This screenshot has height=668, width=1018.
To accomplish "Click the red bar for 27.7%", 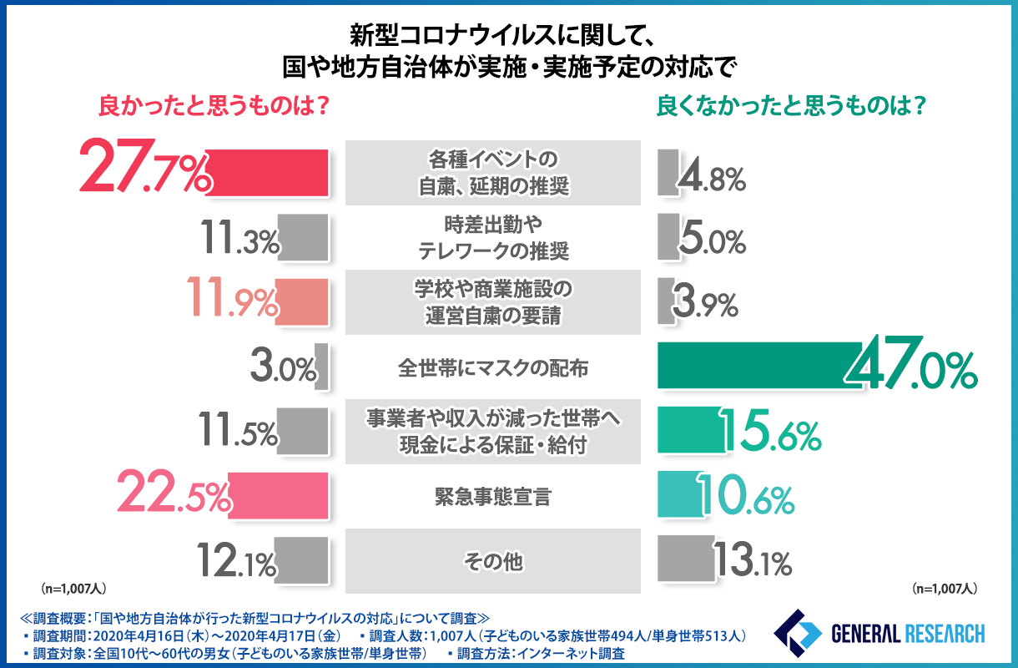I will pyautogui.click(x=267, y=174).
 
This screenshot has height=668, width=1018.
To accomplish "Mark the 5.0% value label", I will pyautogui.click(x=711, y=241).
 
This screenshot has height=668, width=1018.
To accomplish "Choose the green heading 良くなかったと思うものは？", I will pyautogui.click(x=794, y=106).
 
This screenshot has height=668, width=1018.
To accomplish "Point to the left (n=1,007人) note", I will pyautogui.click(x=73, y=588).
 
